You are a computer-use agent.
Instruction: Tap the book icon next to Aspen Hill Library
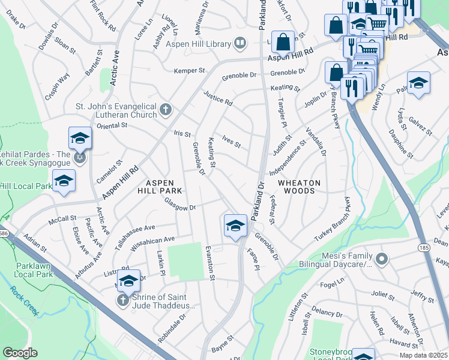click(x=240, y=43)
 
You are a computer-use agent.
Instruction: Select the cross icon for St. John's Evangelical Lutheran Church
click(x=165, y=110)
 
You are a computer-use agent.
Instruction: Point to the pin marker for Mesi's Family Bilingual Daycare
click(x=382, y=260)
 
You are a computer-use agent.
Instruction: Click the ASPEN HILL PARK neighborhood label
click(x=160, y=187)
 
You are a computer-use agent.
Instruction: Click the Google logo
click(x=20, y=353)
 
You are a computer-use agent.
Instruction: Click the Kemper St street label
click(x=189, y=71)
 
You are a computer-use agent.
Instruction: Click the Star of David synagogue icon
click(x=79, y=158)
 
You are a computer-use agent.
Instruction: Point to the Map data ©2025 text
click(x=424, y=355)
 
